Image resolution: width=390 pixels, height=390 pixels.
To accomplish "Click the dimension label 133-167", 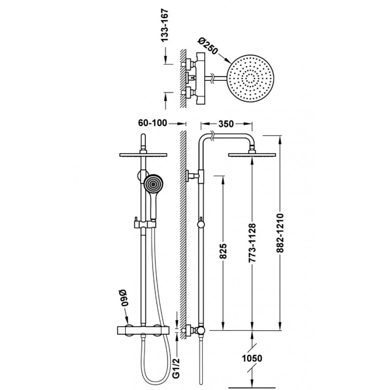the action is (165, 25).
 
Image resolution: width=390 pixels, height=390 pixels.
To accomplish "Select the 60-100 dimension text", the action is (153, 123).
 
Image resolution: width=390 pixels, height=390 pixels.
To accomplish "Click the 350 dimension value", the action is (226, 124).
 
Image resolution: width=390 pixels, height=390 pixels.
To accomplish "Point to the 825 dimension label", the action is (223, 251).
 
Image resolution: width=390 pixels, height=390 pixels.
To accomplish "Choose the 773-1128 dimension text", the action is (252, 243).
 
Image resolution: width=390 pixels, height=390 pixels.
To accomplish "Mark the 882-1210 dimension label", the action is (280, 233).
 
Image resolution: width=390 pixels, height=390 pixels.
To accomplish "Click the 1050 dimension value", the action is (252, 358).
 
